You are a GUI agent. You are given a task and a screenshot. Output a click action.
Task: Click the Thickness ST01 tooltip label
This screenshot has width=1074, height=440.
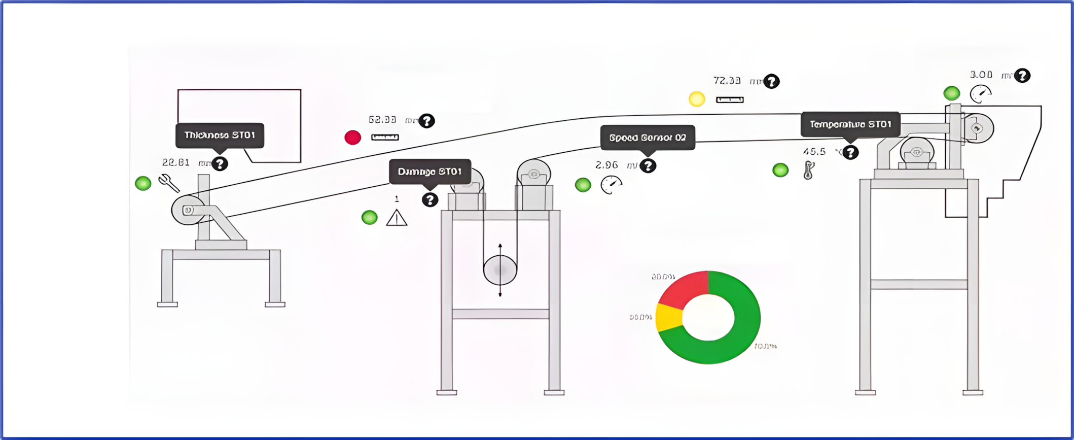pos(220,136)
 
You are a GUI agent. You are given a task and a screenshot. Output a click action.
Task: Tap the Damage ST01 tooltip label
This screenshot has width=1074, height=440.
pos(429,172)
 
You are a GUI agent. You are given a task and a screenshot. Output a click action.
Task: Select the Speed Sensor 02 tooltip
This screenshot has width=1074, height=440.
pos(648,138)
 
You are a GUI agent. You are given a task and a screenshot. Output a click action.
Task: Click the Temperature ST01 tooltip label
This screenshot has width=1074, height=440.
pos(850,125)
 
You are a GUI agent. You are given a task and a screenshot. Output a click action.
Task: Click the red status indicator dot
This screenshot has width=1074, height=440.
pos(353,138)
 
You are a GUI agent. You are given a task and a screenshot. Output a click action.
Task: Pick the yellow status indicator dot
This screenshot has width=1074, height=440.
pos(697,99)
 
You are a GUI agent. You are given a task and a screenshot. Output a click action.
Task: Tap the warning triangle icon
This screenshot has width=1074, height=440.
pos(397,218)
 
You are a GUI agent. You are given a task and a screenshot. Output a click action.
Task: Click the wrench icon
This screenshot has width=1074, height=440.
pos(168,183)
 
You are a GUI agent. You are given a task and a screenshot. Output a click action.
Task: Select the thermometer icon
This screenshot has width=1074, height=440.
pos(809,170)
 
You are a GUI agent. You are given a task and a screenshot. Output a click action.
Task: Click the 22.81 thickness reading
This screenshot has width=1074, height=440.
pos(176,163)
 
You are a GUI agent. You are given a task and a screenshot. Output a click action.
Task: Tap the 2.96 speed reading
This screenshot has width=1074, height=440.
pos(606,165)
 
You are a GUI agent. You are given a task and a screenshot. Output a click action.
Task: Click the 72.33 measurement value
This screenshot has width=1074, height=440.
pos(727,81)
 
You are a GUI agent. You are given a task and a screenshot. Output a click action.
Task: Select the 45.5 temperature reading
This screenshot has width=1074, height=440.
pos(814,152)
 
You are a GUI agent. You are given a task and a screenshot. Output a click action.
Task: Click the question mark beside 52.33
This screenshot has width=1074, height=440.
pos(427,121)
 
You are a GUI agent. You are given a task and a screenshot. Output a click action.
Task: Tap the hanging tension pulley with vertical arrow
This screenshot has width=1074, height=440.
pos(500,270)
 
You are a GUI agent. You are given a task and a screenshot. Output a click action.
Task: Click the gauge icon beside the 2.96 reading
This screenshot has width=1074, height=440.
pos(611,185)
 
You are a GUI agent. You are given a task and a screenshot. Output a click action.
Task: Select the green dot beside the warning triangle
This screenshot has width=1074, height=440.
pos(370,218)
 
